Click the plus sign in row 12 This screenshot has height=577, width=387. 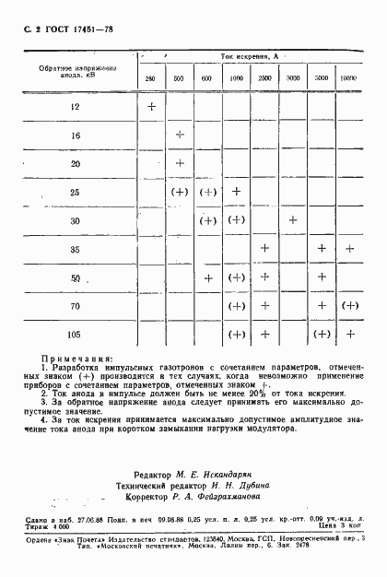pyautogui.click(x=151, y=107)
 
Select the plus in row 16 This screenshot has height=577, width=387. pyautogui.click(x=180, y=135)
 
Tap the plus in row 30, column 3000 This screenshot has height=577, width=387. pyautogui.click(x=293, y=220)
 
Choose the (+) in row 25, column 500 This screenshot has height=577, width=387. pyautogui.click(x=180, y=192)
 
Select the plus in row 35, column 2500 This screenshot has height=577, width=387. pyautogui.click(x=265, y=249)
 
